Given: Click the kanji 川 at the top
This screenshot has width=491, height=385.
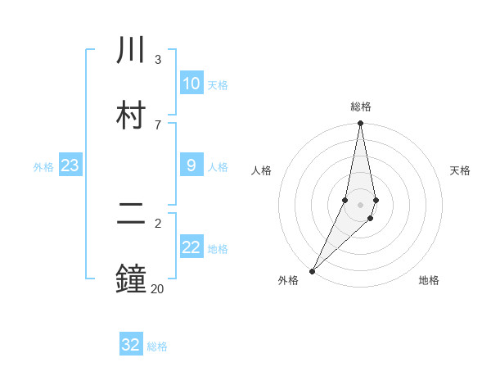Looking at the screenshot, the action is coord(131,51).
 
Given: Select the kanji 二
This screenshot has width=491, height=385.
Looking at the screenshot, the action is coord(131,214).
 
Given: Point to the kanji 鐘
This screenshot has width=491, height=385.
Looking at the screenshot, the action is coord(131,279).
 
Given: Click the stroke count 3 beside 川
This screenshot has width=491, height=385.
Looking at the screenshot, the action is coord(157,60).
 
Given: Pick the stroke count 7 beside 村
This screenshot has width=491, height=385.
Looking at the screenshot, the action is coord(157,125).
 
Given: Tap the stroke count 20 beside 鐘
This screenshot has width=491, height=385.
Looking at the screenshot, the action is coord(157,288).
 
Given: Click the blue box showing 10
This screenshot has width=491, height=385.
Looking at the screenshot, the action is coord(191,84).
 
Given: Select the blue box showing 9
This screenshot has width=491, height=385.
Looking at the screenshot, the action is coord(191,165).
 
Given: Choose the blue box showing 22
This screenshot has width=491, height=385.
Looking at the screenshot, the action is coord(191,247).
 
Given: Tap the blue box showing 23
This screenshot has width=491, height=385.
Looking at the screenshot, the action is coord(70,165).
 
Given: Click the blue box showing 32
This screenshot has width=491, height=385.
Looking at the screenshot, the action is coord(131,345).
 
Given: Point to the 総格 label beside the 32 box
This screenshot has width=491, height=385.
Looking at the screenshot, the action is coord(157,346).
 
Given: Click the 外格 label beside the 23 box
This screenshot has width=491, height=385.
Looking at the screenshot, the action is coord(43,167).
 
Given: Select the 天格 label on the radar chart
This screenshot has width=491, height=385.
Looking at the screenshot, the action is coord(460,170).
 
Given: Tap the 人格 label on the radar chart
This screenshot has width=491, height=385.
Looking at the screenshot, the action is coord(261,170).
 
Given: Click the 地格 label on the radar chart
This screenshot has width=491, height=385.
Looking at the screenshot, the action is coord(429,280).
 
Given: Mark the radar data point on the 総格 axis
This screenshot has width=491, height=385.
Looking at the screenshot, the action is coord(360,124).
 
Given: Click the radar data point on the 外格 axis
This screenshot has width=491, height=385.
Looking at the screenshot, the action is coord(313,270).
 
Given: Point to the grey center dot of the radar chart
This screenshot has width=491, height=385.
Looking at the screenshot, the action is coord(360,205).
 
